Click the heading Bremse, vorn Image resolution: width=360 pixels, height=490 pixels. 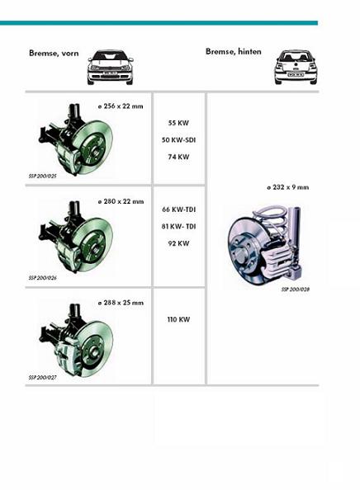pos(54,53)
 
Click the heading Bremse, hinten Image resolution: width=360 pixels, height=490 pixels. pos(234,52)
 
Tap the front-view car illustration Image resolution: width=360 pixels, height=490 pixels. pos(110,67)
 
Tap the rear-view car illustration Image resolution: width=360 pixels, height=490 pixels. pos(296,67)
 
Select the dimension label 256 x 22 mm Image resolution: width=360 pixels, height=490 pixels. pos(121,106)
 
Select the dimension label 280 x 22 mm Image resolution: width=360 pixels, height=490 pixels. pos(121,201)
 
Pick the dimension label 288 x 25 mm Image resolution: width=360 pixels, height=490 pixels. pos(121,303)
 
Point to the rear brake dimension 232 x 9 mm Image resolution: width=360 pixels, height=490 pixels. pos(287,187)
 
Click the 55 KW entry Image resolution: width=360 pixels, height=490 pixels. pos(178,123)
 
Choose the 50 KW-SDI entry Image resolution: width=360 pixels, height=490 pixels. pos(178,140)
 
